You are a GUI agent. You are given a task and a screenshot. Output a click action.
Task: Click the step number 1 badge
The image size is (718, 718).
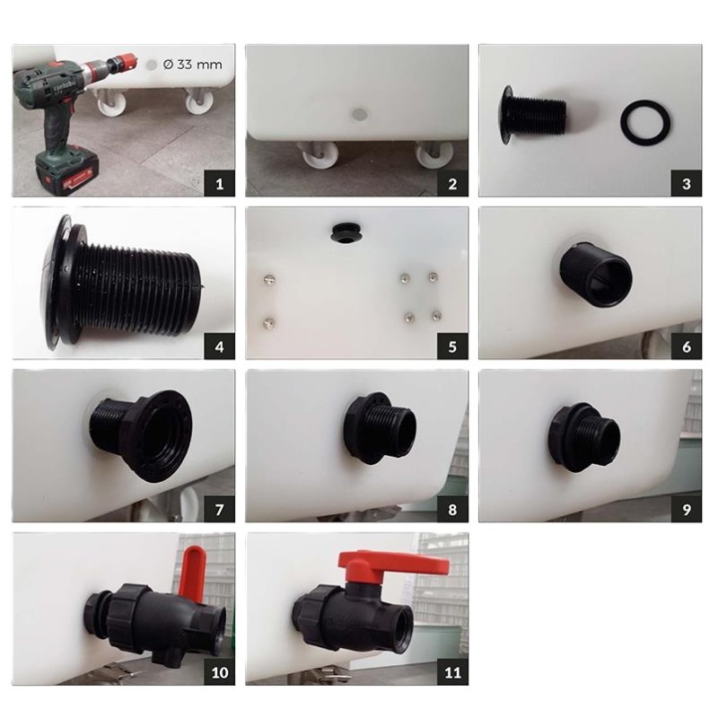coord(219,184)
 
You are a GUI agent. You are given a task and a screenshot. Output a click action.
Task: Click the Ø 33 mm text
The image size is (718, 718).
coord(192,65)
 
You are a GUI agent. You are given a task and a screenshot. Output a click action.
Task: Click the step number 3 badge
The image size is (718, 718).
coord(686,184)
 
